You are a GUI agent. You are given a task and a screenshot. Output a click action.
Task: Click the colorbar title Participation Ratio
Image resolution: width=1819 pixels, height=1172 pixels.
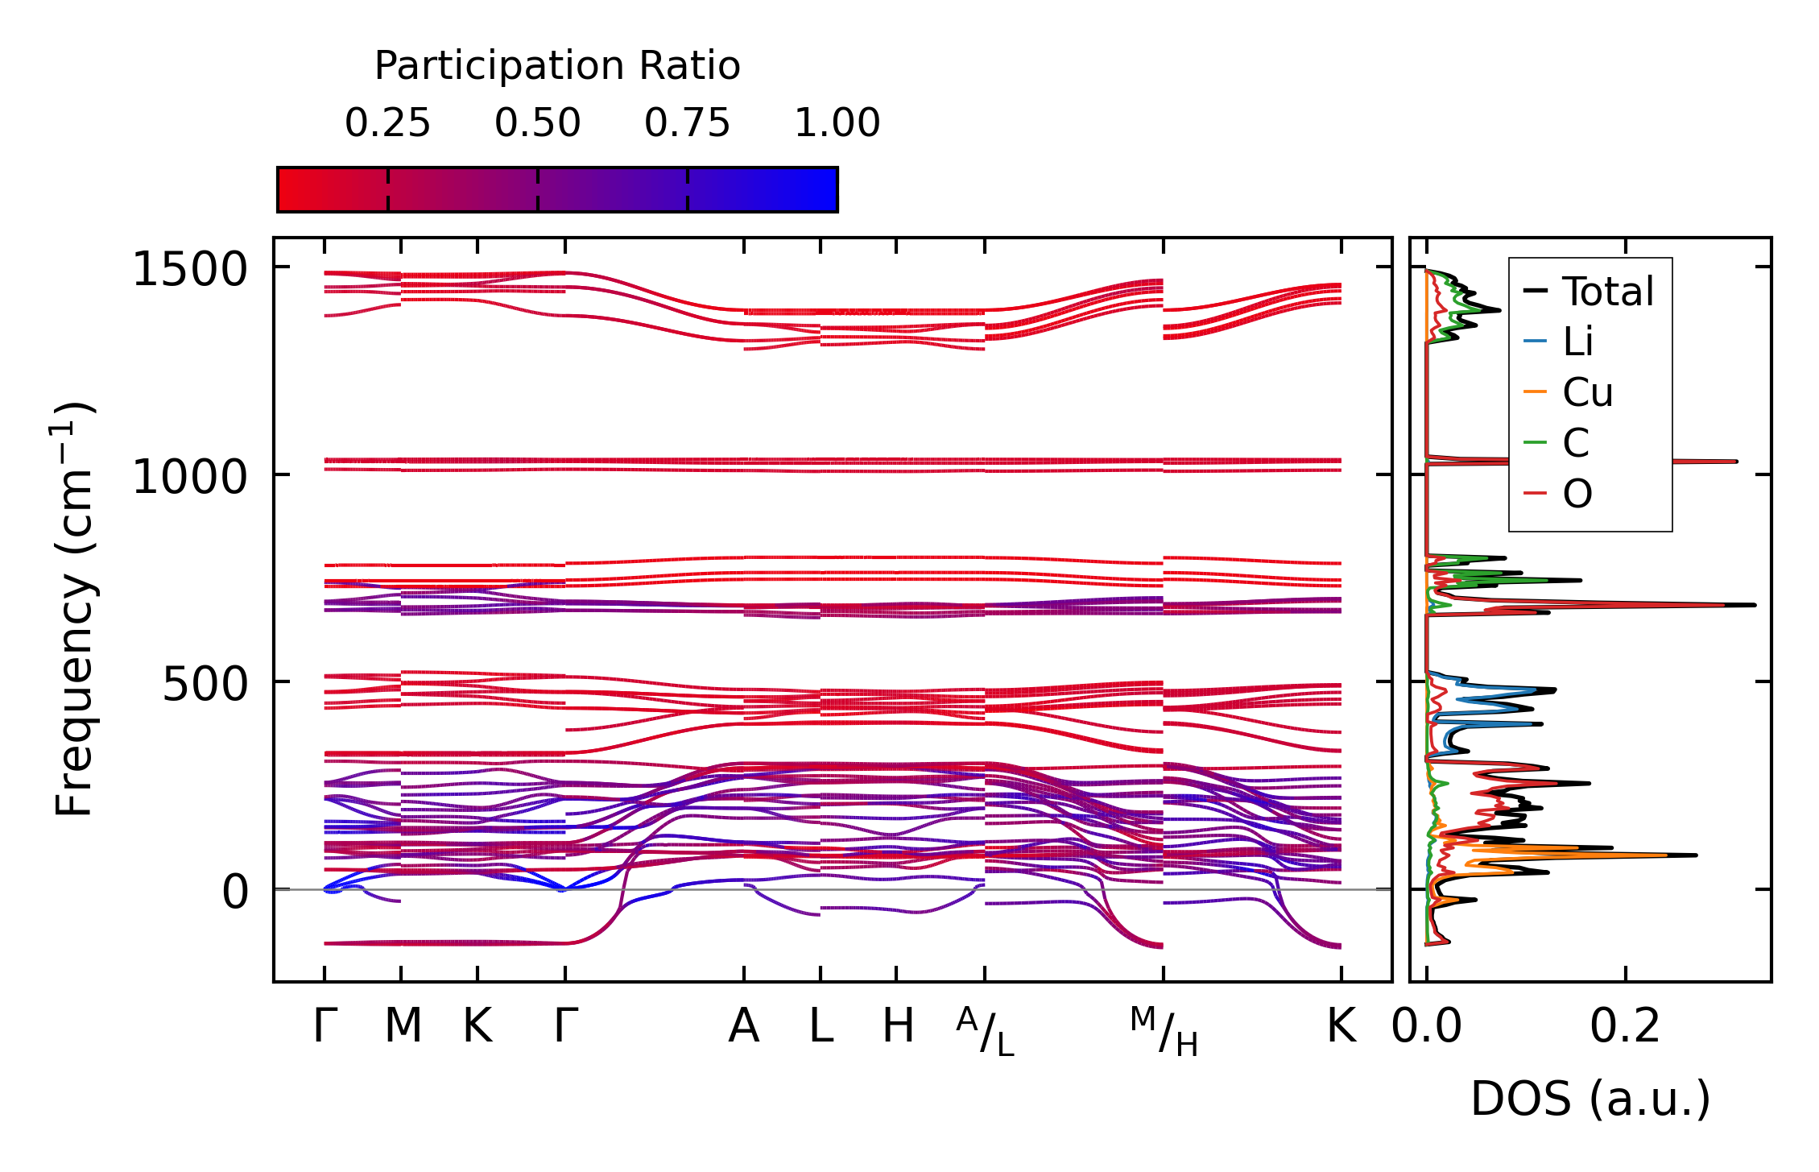point(557,66)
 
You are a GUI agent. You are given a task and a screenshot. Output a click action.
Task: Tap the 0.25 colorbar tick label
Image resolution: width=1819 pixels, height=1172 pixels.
point(387,123)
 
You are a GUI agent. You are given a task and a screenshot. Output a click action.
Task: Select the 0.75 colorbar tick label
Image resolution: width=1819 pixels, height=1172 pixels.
point(687,123)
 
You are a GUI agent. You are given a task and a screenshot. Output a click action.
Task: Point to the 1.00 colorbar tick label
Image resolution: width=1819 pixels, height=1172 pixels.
point(837,123)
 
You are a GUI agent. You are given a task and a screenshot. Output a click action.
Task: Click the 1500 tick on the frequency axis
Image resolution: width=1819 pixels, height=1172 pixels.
point(189,269)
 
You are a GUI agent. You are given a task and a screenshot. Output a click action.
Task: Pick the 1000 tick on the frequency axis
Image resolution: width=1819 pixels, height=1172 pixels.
point(189,477)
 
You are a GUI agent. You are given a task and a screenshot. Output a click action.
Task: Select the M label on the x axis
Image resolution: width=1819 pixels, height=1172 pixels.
point(403,1026)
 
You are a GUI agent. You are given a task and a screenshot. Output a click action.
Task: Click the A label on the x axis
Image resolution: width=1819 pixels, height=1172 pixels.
point(744,1026)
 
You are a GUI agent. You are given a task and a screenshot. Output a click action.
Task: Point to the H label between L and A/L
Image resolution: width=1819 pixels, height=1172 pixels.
point(898,1026)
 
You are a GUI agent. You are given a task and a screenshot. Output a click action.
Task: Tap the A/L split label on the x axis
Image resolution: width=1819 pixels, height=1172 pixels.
point(985,1032)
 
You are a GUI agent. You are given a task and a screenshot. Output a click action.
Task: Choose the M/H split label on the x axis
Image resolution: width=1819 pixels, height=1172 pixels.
point(1164,1032)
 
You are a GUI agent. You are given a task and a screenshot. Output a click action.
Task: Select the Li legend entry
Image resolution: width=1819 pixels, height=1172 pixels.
point(1577,342)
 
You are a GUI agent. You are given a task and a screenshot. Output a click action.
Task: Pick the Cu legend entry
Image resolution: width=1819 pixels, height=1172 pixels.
point(1587,392)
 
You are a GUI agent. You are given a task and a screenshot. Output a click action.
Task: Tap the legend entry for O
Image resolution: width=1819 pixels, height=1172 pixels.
point(1577,494)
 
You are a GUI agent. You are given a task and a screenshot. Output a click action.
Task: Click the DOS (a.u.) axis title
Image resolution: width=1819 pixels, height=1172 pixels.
point(1590,1099)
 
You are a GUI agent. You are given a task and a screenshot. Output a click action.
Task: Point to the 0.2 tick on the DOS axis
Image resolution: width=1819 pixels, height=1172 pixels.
point(1625,1026)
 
